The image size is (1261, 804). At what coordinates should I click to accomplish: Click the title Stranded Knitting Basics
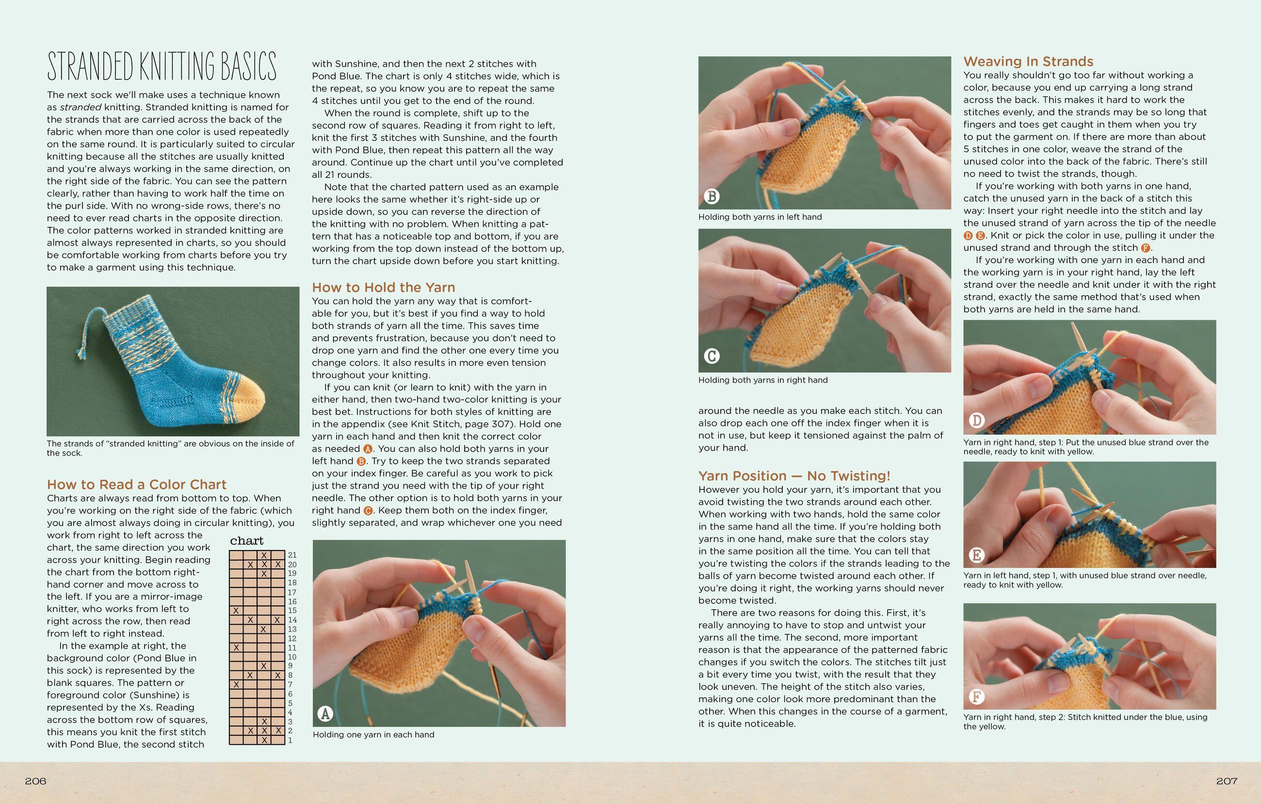point(162,66)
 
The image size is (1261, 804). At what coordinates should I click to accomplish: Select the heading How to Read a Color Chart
point(137,484)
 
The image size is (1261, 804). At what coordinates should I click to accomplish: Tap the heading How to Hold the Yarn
point(383,287)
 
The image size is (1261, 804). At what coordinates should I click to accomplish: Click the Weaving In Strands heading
point(1028,61)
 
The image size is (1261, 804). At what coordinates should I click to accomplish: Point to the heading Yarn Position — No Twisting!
point(794,475)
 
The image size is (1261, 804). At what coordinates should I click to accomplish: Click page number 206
point(35,781)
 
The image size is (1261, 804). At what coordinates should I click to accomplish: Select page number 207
point(1227,781)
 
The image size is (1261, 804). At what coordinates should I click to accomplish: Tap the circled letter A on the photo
point(325,713)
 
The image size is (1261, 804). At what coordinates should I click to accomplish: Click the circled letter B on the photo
point(711,196)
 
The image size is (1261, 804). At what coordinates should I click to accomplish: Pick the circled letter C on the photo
point(711,356)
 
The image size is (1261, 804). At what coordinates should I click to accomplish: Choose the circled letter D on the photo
point(976,420)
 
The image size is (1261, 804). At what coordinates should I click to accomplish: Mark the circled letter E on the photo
point(976,555)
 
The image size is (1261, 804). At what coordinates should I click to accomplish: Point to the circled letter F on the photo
point(976,697)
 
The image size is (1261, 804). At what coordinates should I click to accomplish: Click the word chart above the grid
point(247,541)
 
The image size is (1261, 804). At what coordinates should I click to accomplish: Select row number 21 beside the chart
point(292,555)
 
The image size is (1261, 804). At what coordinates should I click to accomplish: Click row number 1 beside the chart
point(290,741)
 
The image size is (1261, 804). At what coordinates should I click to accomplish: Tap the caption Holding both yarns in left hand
point(760,217)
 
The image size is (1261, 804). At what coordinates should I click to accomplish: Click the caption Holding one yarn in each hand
point(373,734)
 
